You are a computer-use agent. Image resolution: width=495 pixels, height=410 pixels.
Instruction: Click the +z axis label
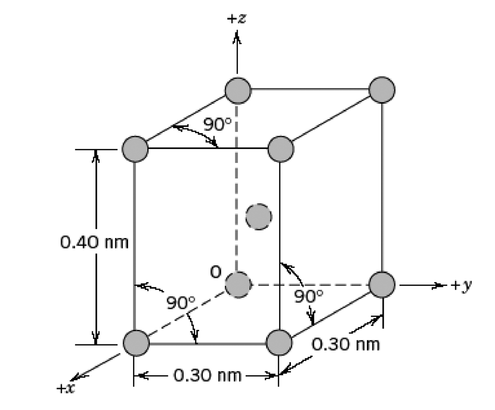236,19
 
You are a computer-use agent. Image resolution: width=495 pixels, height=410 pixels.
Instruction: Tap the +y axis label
461,285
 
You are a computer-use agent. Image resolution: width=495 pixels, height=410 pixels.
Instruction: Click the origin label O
214,272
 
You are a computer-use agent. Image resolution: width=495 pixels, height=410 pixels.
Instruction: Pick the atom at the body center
259,217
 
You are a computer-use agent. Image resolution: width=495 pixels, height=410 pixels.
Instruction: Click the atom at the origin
238,285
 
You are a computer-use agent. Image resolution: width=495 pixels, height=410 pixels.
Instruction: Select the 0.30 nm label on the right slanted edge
346,343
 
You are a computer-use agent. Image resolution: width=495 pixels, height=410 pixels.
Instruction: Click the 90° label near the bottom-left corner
181,303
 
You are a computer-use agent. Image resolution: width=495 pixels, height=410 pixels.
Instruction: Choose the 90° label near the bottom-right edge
309,297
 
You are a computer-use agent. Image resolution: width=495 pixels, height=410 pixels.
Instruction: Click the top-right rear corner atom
382,90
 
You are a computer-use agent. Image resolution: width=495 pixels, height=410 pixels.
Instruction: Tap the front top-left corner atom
135,149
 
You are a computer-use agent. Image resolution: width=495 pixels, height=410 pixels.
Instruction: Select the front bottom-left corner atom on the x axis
136,343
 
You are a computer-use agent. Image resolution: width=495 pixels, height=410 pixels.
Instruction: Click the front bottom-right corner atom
279,342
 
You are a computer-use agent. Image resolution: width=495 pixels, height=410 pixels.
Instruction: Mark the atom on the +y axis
382,285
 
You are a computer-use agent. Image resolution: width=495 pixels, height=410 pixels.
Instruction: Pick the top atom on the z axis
238,90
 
